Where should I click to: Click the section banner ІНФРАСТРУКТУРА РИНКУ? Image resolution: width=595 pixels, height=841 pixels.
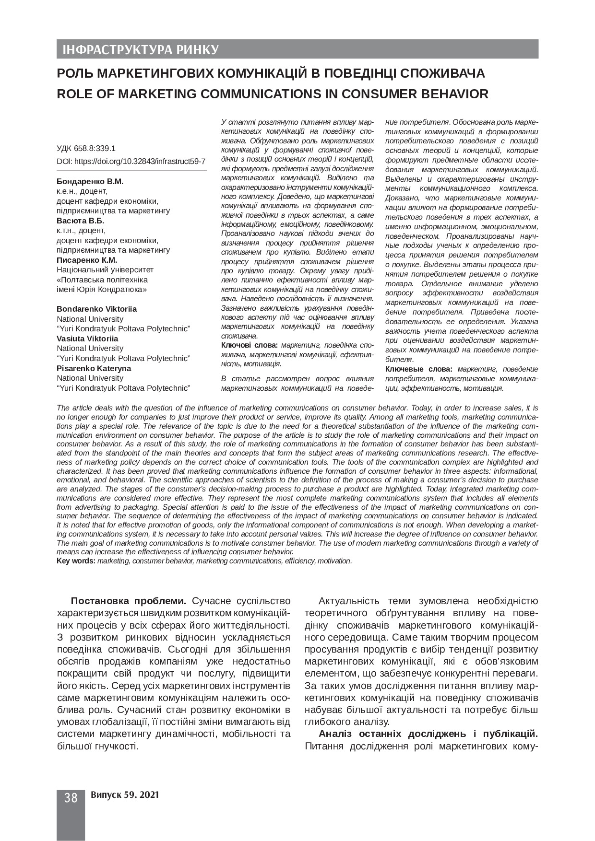(138, 50)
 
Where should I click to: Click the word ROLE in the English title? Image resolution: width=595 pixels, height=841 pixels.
(73, 94)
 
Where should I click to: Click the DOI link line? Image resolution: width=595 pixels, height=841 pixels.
(131, 162)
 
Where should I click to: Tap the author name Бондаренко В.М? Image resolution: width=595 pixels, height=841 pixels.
(90, 182)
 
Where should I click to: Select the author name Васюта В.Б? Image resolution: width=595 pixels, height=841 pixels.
(80, 221)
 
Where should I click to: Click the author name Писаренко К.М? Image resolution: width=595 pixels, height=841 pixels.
(87, 260)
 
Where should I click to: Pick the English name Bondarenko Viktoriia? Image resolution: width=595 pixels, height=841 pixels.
(96, 309)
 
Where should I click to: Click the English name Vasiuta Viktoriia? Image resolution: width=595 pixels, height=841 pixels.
(87, 339)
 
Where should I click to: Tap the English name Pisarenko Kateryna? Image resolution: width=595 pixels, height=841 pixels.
(94, 368)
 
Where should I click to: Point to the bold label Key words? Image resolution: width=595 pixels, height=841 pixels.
(76, 561)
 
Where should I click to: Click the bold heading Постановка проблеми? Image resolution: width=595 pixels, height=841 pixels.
(129, 601)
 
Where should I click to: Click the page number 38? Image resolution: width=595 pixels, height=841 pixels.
(71, 798)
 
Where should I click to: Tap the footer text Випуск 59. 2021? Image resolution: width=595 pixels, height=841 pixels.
(124, 795)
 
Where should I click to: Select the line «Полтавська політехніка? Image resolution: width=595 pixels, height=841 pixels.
(102, 280)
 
